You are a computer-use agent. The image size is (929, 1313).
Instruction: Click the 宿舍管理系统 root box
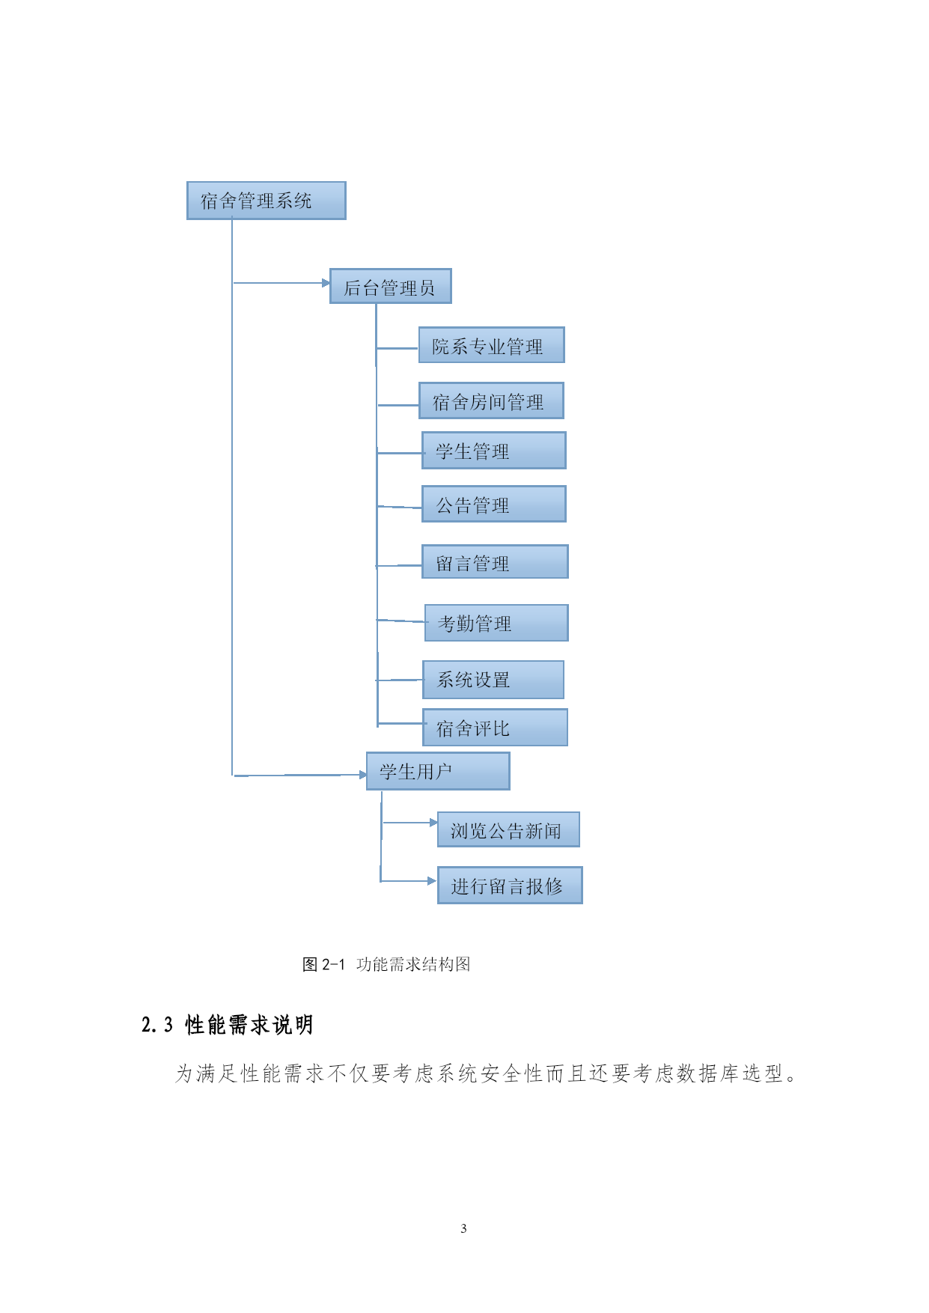tap(266, 201)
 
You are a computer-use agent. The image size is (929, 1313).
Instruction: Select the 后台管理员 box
tap(391, 286)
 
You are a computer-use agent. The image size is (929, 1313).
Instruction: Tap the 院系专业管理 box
tap(492, 345)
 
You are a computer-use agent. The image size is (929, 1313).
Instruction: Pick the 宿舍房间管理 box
tap(491, 400)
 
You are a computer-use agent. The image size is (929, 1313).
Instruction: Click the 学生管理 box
tap(494, 451)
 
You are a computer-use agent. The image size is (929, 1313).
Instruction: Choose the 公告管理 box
tap(494, 504)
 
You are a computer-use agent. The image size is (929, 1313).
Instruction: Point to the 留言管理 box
tap(495, 561)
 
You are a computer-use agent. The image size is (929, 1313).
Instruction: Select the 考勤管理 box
tap(496, 623)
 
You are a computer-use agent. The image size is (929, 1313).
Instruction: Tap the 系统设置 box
tap(493, 680)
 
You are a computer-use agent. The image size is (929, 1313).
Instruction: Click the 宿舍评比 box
tap(495, 728)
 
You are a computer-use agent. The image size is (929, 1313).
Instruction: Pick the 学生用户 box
tap(438, 771)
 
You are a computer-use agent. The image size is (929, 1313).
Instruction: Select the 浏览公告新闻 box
tap(508, 829)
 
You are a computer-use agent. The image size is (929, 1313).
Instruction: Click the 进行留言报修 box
tap(510, 886)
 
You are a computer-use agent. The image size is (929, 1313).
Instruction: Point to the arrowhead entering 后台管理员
tap(326, 283)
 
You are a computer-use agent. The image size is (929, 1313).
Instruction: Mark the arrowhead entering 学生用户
tap(362, 775)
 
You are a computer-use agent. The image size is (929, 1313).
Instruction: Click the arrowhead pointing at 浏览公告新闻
tap(433, 823)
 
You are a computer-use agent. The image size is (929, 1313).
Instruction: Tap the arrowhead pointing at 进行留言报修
tap(432, 881)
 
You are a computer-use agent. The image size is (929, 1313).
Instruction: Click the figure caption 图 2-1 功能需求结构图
tap(386, 964)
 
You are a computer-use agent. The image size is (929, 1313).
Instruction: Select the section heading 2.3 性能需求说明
tap(228, 1025)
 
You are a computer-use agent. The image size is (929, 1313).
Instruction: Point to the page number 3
tap(464, 1228)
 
